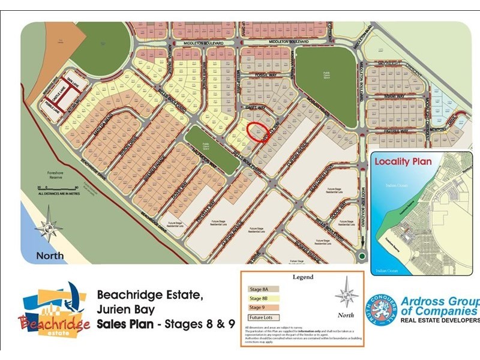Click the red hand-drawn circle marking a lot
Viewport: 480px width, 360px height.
pyautogui.click(x=258, y=132)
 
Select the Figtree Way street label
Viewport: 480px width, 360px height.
pyautogui.click(x=395, y=131)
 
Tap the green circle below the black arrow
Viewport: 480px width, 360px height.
pyautogui.click(x=361, y=256)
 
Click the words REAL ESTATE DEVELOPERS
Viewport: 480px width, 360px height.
pyautogui.click(x=440, y=320)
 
